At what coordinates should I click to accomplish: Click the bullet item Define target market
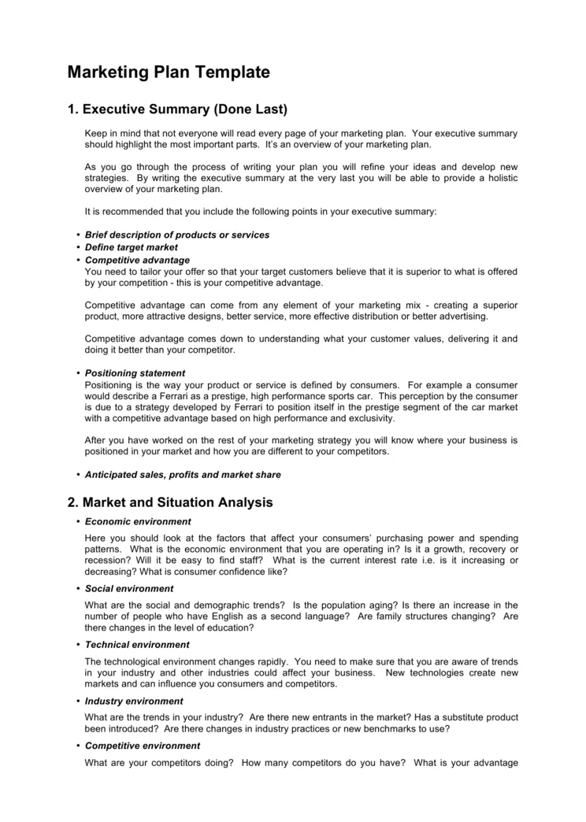pyautogui.click(x=132, y=247)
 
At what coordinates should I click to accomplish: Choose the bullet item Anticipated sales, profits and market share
pyautogui.click(x=183, y=475)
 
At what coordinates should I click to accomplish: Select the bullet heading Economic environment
pyautogui.click(x=138, y=521)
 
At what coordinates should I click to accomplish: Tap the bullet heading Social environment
pyautogui.click(x=129, y=588)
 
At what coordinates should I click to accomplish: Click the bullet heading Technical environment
pyautogui.click(x=137, y=644)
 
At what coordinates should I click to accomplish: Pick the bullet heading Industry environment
pyautogui.click(x=134, y=701)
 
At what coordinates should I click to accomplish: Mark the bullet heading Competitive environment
pyautogui.click(x=143, y=745)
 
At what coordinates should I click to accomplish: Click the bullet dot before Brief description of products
pyautogui.click(x=78, y=235)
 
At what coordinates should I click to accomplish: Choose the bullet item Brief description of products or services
pyautogui.click(x=177, y=235)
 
